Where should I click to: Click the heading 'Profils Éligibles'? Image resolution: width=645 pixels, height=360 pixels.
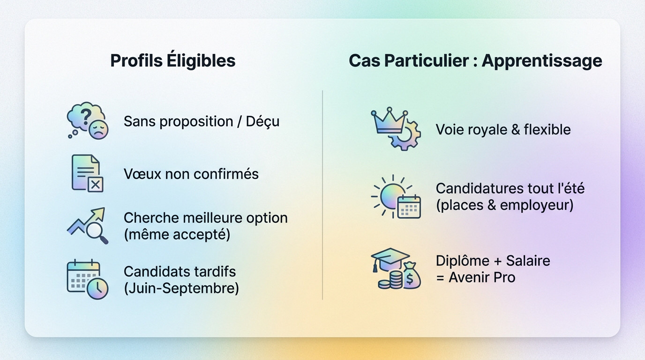tap(172, 60)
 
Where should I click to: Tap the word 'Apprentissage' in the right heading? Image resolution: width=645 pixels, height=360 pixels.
tap(542, 60)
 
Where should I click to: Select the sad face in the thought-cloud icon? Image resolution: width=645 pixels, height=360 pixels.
tap(99, 129)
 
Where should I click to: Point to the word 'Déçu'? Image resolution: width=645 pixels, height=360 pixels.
tap(263, 121)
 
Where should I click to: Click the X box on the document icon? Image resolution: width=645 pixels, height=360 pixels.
tap(95, 185)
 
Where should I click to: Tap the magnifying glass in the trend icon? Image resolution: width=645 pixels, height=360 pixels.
tap(97, 231)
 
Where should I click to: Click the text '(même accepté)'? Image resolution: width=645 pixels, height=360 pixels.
tap(177, 234)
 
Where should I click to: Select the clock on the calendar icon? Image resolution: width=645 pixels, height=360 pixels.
tap(97, 288)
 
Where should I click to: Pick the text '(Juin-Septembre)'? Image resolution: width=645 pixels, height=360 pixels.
tap(181, 288)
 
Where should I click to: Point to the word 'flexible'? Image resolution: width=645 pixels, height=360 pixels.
tap(547, 129)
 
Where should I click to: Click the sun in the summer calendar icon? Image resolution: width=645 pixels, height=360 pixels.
tap(390, 196)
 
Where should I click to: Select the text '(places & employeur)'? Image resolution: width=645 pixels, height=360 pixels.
tap(504, 205)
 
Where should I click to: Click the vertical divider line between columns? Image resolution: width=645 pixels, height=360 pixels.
tap(322, 195)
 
